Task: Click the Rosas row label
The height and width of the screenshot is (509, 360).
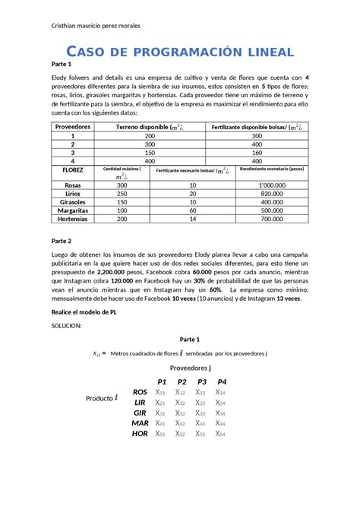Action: tap(73, 185)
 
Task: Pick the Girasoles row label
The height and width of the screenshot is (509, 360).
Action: tap(73, 201)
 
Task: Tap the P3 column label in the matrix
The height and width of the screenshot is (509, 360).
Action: tap(202, 381)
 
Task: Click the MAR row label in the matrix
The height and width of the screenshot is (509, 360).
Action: tap(140, 423)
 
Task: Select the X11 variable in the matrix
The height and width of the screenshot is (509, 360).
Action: tap(160, 392)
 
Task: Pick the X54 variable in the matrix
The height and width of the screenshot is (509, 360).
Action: tap(221, 434)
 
